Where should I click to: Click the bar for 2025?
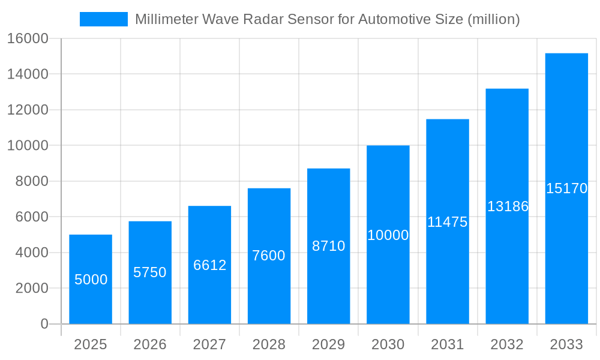click(91, 279)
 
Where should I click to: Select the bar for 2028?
click(269, 256)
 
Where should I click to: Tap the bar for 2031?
click(448, 221)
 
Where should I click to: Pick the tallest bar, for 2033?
click(566, 188)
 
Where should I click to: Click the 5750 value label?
click(150, 272)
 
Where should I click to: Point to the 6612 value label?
click(209, 265)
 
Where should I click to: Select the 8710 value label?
click(328, 246)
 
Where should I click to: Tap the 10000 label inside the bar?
click(388, 235)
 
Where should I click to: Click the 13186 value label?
click(508, 206)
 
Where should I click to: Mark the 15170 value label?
click(566, 188)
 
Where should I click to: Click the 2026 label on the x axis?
click(150, 344)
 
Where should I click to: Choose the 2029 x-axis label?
click(328, 344)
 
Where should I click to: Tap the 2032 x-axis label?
click(507, 344)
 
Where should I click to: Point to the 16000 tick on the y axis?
click(27, 39)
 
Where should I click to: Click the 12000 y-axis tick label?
click(27, 110)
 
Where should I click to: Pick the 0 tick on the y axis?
click(44, 324)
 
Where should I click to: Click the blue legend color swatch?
click(104, 19)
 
